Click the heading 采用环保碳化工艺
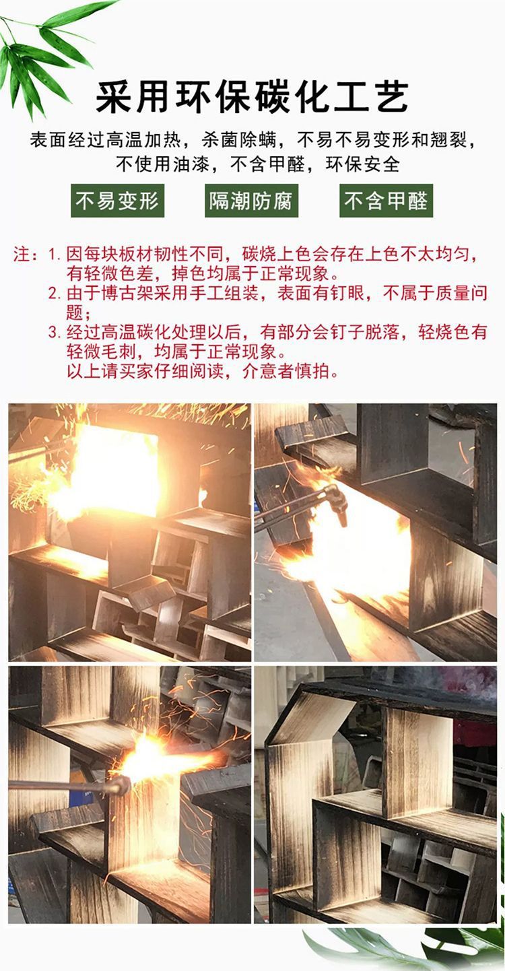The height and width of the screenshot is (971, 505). [x=252, y=96]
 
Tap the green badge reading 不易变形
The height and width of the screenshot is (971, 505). [x=118, y=201]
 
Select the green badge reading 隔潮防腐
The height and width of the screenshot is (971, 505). [x=252, y=201]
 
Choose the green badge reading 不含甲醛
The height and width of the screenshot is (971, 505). [x=386, y=201]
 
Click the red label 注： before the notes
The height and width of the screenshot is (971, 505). [x=28, y=255]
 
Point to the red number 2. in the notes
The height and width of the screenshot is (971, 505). [x=55, y=294]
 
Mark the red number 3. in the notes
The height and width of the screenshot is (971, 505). [x=55, y=332]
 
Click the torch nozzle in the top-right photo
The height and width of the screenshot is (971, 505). [x=336, y=501]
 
